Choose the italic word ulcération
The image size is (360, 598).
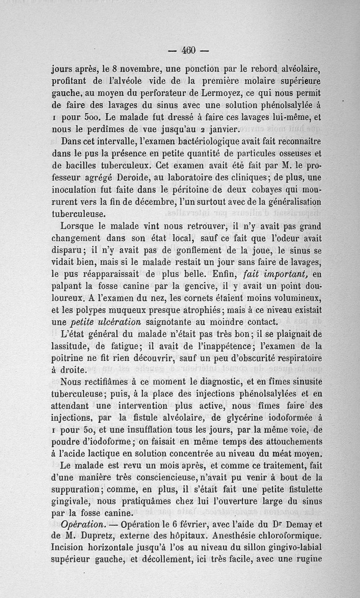[x=117, y=322]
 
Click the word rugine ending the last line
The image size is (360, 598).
[x=306, y=561]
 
